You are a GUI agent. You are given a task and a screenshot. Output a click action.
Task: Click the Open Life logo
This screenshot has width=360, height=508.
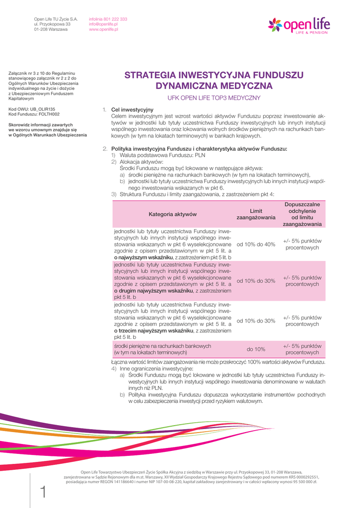298,24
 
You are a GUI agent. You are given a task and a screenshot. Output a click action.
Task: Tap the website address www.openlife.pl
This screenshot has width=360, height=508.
103,30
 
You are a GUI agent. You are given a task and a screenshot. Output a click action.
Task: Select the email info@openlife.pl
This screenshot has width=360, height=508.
103,24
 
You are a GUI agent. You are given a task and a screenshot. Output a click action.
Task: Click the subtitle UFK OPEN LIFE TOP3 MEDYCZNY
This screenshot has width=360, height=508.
214,98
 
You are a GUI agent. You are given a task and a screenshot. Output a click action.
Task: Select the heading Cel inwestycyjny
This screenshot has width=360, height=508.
132,110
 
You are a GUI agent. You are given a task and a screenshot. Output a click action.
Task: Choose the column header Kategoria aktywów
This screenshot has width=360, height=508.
173,214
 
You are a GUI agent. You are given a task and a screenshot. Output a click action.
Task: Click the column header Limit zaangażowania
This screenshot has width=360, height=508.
256,214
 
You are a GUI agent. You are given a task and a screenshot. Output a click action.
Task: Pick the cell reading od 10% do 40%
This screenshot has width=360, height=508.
256,245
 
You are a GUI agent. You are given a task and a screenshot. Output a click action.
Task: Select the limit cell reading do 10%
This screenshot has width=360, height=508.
256,349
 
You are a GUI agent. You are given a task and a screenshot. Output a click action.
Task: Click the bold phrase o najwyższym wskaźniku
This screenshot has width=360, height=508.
144,257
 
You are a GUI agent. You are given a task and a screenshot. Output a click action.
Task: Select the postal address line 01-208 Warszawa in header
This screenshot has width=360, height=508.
51,30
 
